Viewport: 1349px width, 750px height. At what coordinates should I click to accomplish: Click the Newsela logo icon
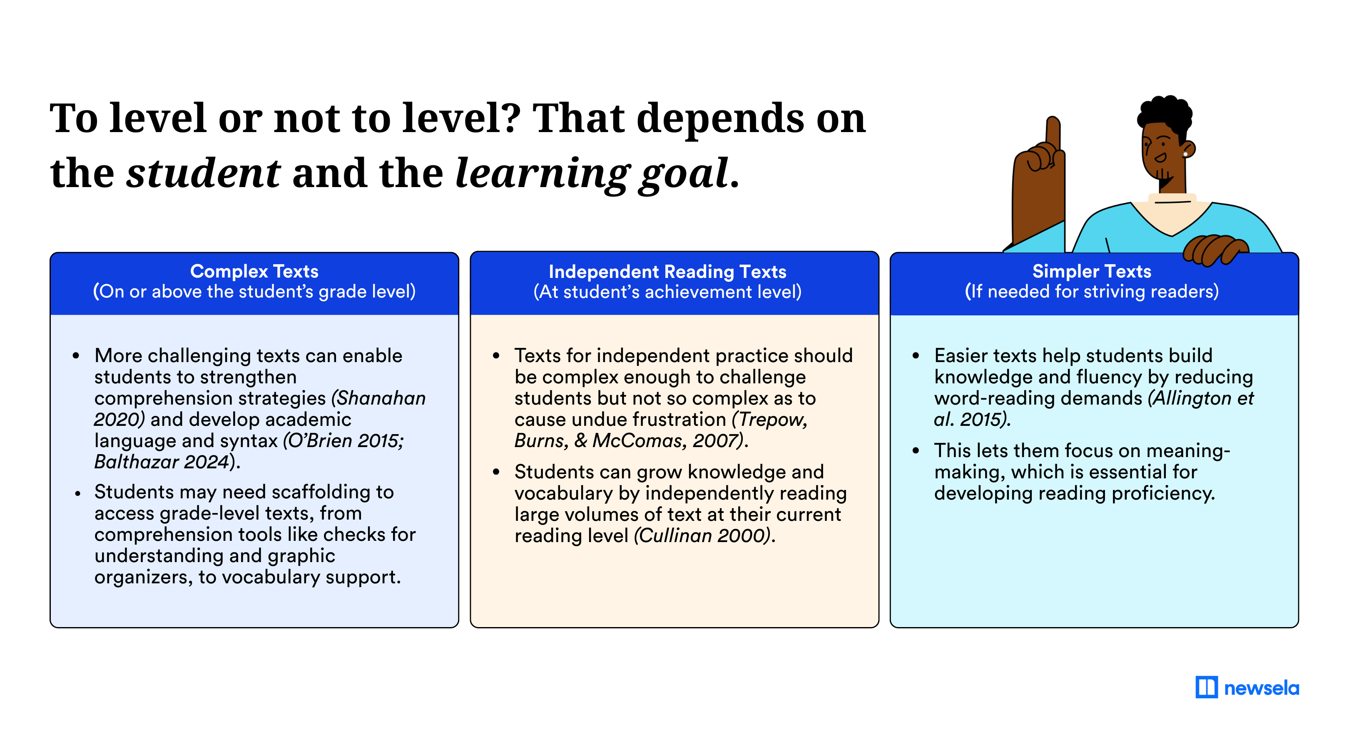[x=1206, y=687]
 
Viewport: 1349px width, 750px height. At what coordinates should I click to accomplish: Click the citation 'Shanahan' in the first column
[x=381, y=398]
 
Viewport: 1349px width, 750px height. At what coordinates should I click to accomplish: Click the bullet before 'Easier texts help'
[x=916, y=356]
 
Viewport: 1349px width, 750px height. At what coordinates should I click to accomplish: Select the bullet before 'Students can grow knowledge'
[x=496, y=472]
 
